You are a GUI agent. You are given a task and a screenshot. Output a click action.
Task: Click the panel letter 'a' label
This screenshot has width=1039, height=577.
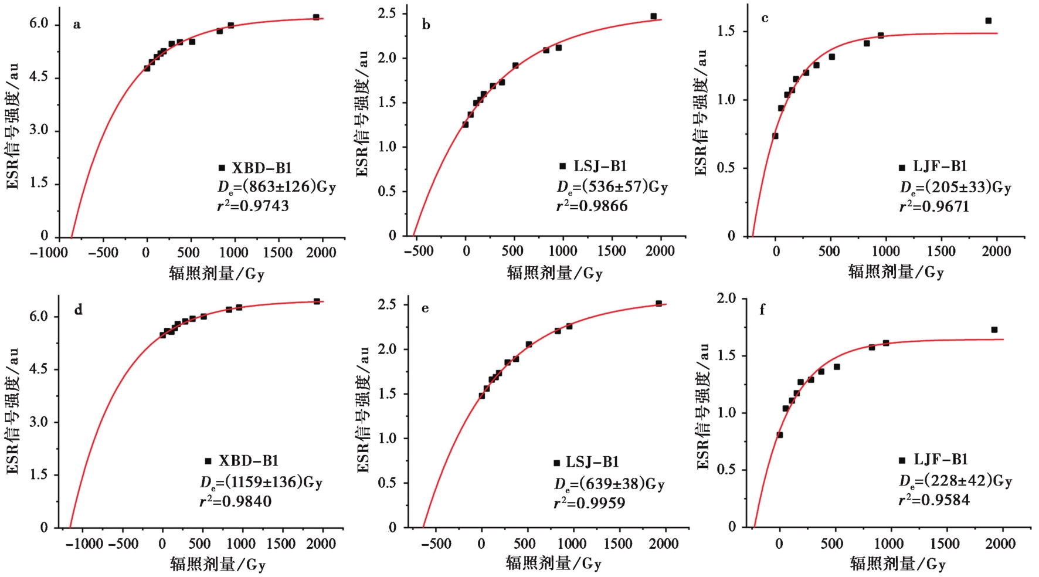coord(77,25)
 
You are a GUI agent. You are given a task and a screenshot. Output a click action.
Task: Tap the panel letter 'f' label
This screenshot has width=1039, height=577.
coord(762,310)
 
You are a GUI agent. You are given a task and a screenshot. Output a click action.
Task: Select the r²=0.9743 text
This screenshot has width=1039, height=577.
coord(253,206)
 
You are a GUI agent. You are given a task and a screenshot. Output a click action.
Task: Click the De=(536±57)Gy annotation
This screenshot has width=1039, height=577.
coord(612,187)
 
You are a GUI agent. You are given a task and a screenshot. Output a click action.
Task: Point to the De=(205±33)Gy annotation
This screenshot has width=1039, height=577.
coord(955,188)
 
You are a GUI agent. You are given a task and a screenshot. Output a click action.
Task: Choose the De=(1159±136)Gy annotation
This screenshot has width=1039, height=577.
coord(262,482)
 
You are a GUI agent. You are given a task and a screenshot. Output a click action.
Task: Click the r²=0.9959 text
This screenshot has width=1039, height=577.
coord(589,503)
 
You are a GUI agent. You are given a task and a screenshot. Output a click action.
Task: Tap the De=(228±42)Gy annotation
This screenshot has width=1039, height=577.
coord(955,481)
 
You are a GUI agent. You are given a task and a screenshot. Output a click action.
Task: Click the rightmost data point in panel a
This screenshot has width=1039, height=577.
coord(316,17)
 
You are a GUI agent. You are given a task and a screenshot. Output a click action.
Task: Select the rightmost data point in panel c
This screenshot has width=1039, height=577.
coord(989,21)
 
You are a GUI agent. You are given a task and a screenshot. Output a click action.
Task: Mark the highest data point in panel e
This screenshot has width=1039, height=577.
coord(658,304)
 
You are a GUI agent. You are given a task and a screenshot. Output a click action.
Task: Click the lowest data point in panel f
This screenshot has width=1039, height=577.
coord(780,435)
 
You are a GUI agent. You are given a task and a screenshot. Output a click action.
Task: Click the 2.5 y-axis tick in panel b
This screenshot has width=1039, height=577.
coord(388,13)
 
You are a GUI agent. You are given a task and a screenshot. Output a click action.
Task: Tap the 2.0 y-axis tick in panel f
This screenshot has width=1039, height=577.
coord(726,298)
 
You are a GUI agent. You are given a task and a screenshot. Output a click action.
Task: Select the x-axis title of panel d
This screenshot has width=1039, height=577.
coord(218,565)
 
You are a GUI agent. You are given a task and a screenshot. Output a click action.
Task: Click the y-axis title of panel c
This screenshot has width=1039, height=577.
coord(701,113)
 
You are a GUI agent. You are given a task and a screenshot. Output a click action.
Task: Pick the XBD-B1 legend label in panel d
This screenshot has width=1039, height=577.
coord(249,461)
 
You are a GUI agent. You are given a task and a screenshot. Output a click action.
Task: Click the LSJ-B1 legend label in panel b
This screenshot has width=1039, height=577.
coord(600,167)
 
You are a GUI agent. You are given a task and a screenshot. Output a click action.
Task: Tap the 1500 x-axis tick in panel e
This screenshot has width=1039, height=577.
coord(617,544)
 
